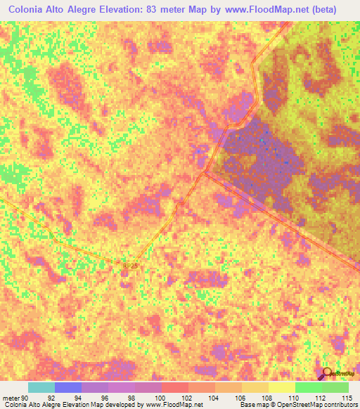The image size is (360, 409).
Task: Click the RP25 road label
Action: (x=130, y=266)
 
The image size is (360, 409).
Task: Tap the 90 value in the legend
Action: (x=28, y=397)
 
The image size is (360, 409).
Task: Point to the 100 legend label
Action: (x=161, y=397)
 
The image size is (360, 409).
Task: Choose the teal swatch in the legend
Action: (x=41, y=387)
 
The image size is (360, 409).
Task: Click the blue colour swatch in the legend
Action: (x=67, y=387)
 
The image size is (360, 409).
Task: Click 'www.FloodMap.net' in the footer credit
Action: (x=173, y=405)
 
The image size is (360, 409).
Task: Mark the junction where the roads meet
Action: (x=205, y=171)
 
